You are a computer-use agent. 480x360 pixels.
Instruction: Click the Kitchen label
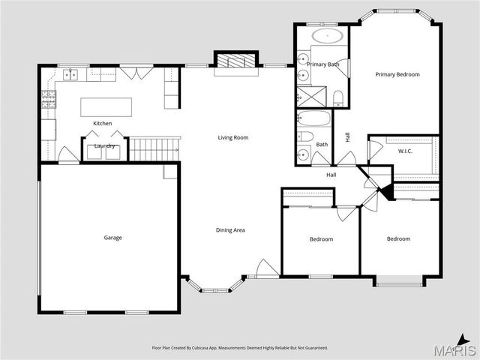pyautogui.click(x=103, y=123)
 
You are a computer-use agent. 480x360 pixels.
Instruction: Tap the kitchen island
pyautogui.click(x=106, y=106)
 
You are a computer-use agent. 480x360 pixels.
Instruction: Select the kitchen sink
pyautogui.click(x=72, y=74)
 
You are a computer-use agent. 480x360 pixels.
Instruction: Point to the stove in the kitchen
pyautogui.click(x=49, y=99)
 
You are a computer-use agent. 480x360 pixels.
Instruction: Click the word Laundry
pyautogui.click(x=103, y=145)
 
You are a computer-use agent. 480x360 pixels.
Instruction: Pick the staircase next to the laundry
pyautogui.click(x=154, y=149)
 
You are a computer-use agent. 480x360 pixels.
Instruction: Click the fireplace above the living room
pyautogui.click(x=236, y=61)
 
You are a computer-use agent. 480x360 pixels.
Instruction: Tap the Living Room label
pyautogui.click(x=233, y=137)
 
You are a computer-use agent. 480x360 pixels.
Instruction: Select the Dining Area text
pyautogui.click(x=230, y=229)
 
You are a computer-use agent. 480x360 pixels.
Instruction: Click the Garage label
pyautogui.click(x=112, y=238)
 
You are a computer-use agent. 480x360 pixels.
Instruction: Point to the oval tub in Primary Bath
pyautogui.click(x=327, y=36)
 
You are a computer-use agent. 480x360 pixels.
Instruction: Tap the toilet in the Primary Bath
pyautogui.click(x=338, y=96)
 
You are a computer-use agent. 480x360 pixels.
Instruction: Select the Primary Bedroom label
pyautogui.click(x=397, y=74)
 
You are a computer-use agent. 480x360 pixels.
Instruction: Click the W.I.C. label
pyautogui.click(x=406, y=151)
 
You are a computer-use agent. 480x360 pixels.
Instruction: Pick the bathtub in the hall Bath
pyautogui.click(x=313, y=119)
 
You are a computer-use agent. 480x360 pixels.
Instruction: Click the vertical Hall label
pyautogui.click(x=347, y=136)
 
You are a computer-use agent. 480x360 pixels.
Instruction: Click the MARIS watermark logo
pyautogui.click(x=454, y=350)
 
